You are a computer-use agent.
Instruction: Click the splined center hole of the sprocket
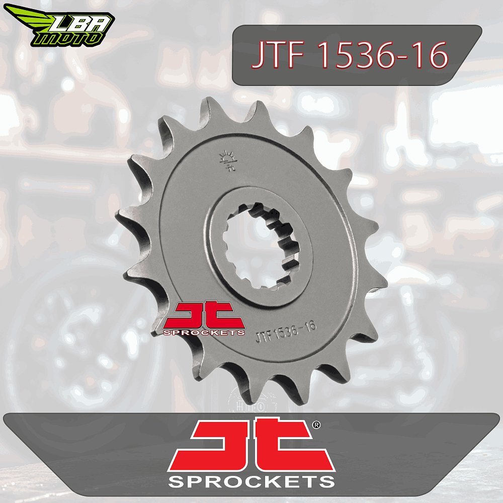pyautogui.click(x=260, y=245)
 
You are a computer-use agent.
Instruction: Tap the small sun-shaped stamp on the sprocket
pyautogui.click(x=228, y=160)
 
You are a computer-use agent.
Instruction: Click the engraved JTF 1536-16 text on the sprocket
pyautogui.click(x=286, y=331)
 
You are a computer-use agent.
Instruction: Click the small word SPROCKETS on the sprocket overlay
pyautogui.click(x=204, y=332)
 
